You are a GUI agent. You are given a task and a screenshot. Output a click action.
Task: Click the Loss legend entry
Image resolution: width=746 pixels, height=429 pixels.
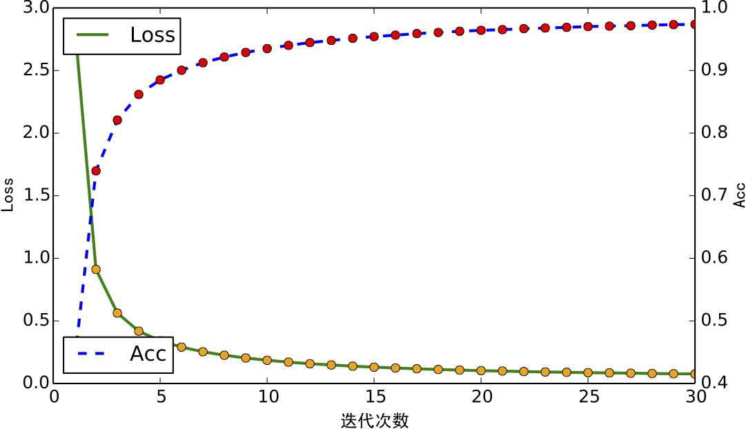[121, 35]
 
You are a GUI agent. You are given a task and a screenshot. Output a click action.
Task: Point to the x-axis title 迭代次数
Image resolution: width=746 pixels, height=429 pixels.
[375, 420]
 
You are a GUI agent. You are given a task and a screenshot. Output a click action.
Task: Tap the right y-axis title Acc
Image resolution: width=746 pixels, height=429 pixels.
[739, 195]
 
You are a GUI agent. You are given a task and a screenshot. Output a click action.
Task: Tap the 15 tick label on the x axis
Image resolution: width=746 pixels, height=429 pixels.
[374, 397]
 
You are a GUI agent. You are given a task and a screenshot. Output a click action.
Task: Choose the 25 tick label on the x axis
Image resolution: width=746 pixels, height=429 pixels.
[588, 397]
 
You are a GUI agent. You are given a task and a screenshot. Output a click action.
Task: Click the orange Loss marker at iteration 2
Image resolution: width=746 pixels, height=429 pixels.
[96, 269]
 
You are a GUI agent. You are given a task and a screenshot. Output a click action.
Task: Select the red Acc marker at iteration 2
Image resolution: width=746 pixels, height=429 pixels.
[96, 170]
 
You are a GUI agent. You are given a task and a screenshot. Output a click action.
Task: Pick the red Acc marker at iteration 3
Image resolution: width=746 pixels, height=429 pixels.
[117, 120]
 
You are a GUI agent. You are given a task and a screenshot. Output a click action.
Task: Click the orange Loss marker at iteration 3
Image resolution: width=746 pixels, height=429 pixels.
[117, 312]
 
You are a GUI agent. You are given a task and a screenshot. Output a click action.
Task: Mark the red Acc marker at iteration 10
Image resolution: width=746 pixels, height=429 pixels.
[267, 49]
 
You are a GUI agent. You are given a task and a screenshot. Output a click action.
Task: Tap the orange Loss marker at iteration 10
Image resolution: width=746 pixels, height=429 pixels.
[267, 360]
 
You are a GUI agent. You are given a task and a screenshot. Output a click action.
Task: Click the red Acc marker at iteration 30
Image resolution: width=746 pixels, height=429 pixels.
[695, 24]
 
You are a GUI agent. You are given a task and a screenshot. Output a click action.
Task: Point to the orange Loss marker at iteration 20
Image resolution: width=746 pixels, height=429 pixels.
[481, 370]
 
